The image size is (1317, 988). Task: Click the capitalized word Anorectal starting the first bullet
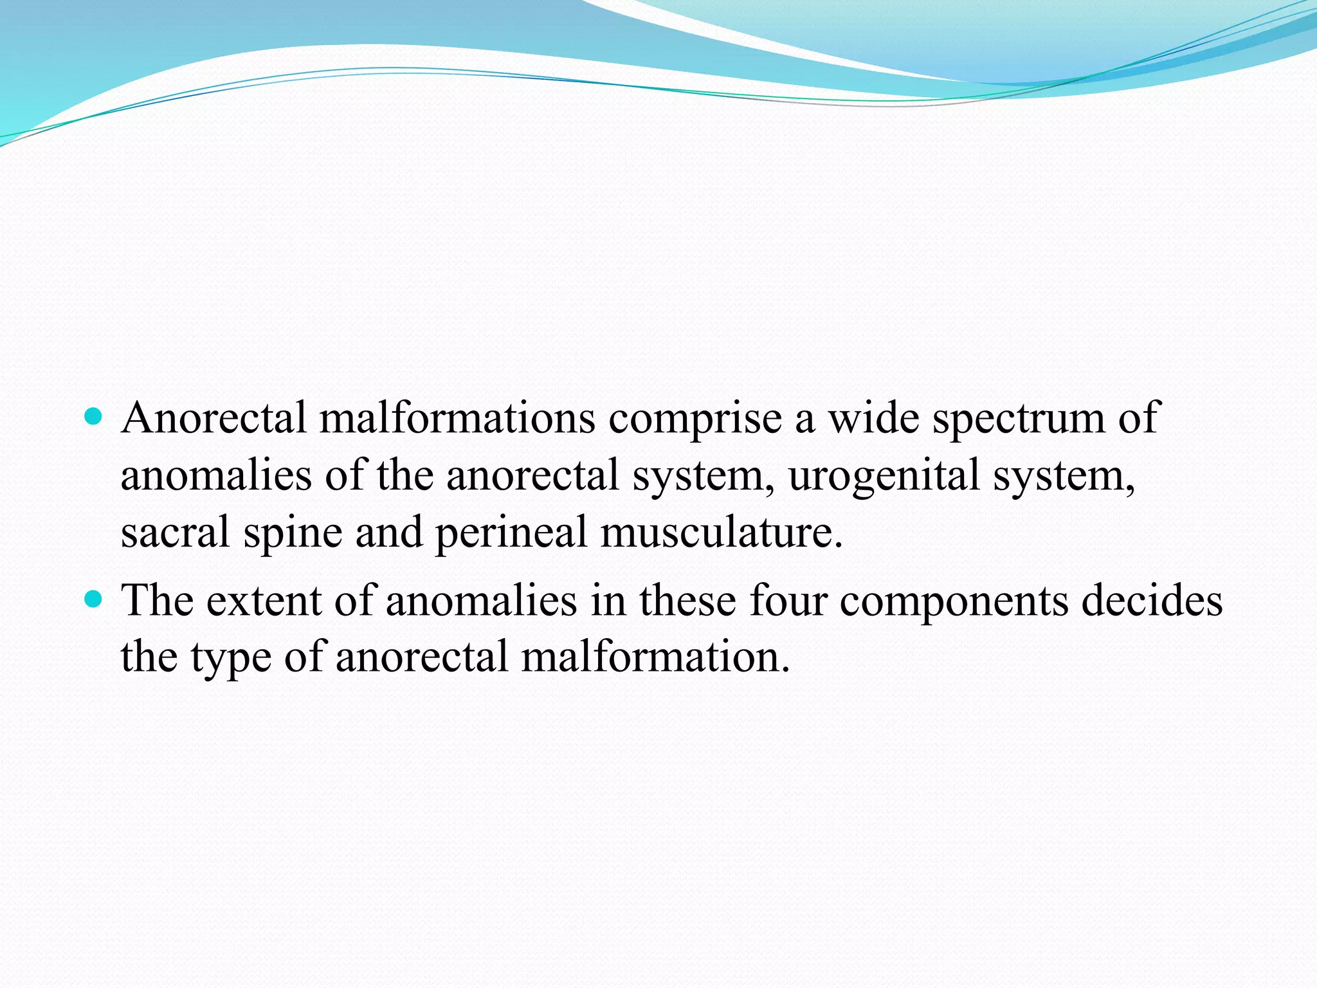pos(213,418)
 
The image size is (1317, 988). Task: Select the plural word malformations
pos(457,418)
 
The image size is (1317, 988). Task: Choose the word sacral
pos(175,533)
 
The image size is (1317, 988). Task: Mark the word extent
pos(264,601)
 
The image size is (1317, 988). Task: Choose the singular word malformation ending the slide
pos(655,657)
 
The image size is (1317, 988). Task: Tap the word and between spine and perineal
pos(389,533)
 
